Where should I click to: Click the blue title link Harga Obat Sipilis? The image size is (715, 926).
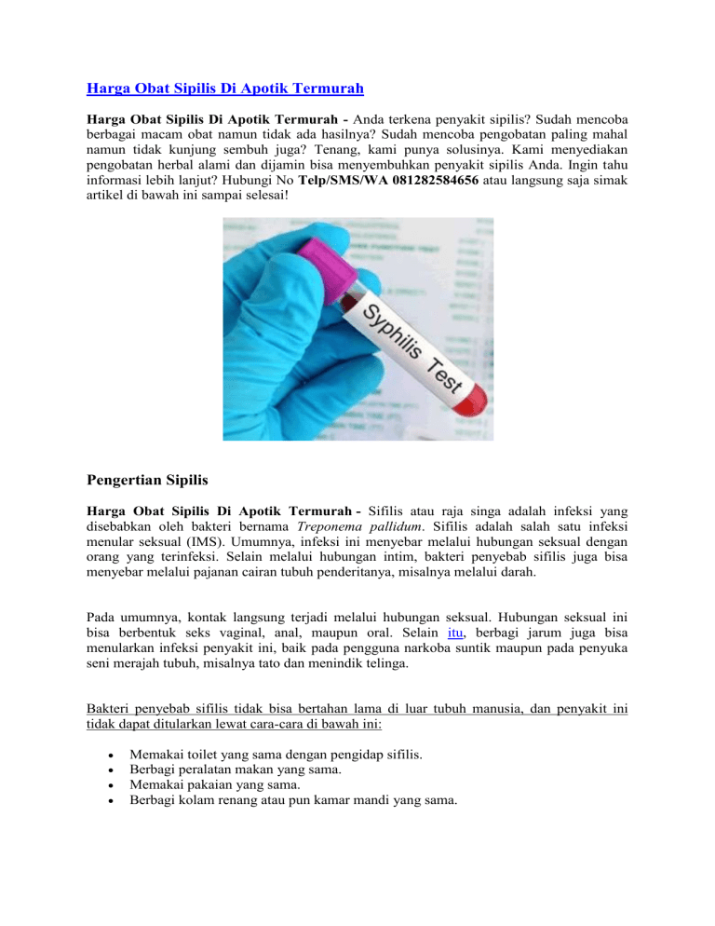[x=224, y=89]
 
